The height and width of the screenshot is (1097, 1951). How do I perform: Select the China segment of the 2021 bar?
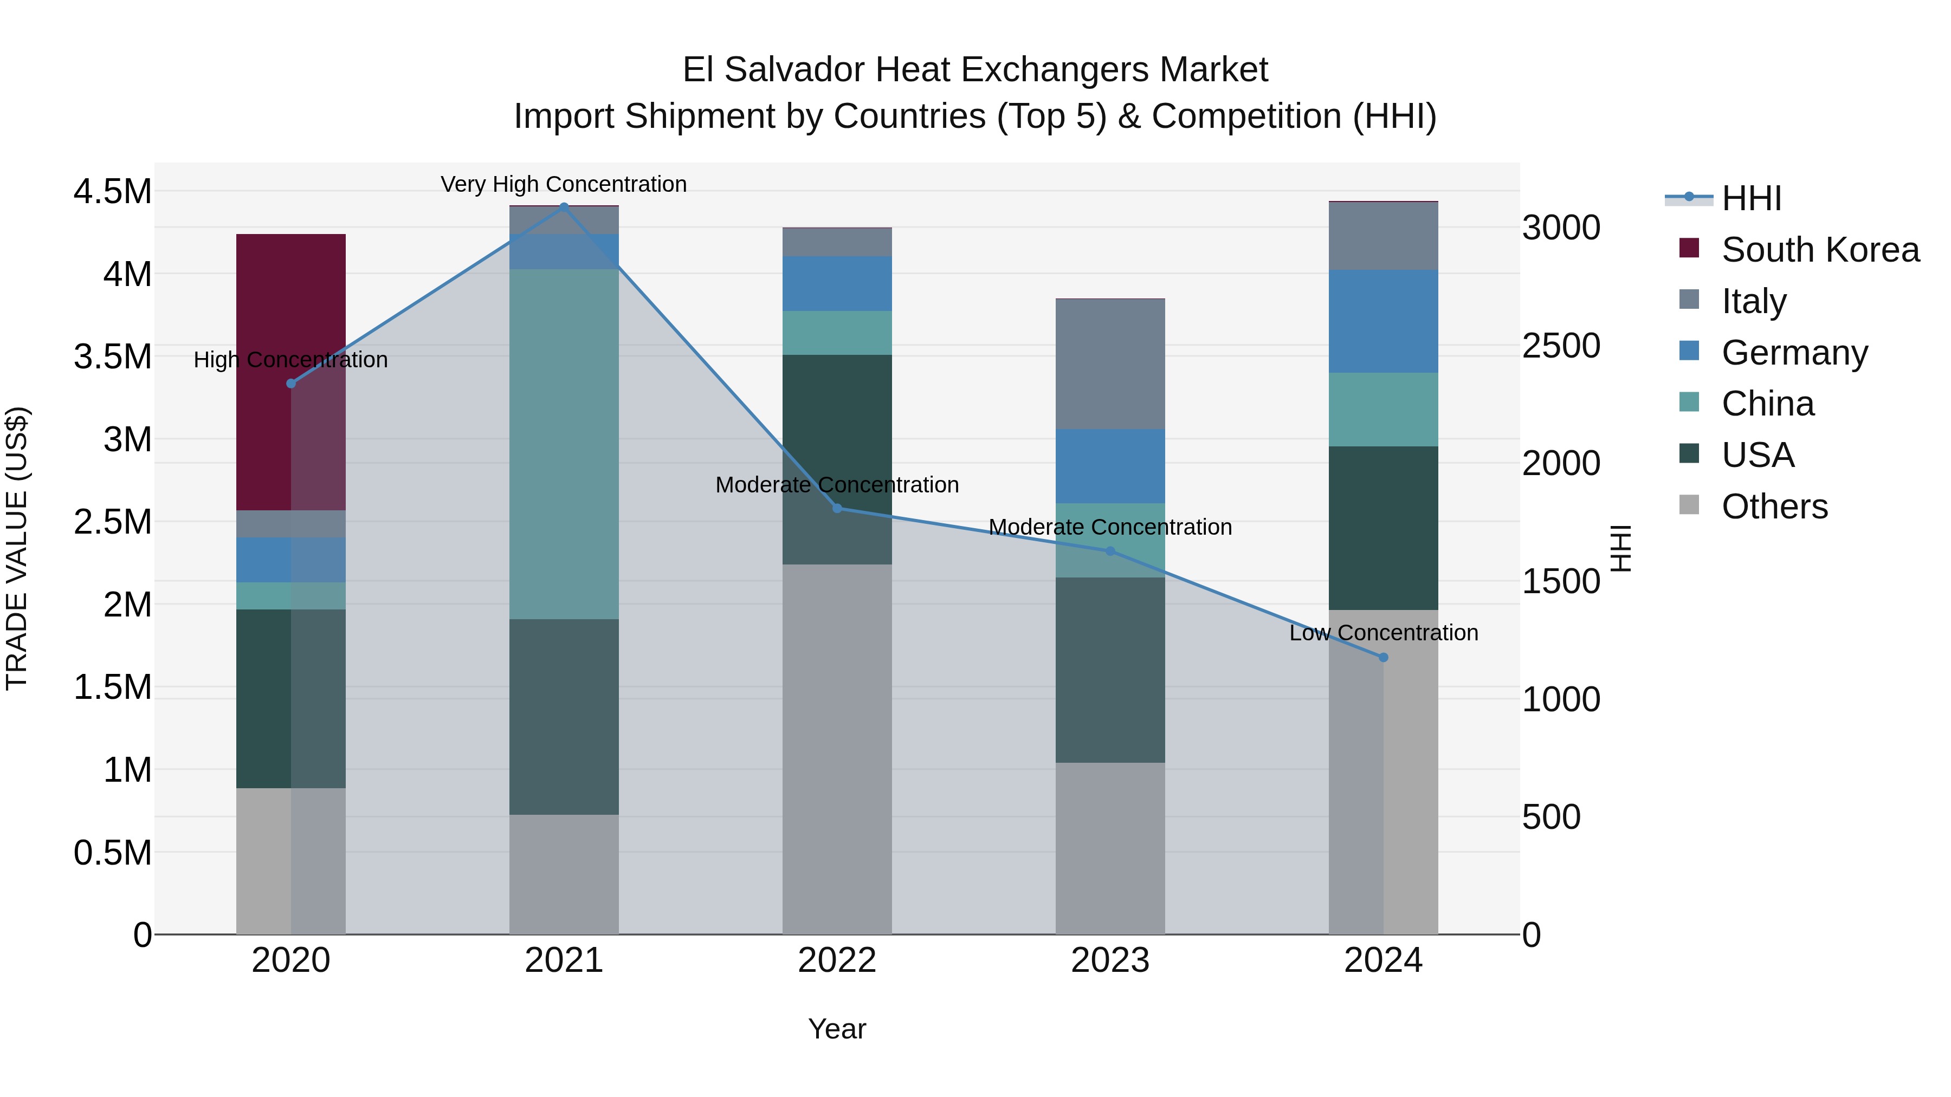pos(564,444)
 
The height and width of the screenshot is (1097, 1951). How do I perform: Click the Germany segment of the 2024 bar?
pos(1383,321)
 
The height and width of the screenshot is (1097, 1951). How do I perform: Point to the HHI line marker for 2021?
pos(564,206)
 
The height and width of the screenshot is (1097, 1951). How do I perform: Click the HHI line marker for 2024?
pos(1383,657)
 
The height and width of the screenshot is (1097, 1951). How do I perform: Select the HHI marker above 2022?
pos(837,508)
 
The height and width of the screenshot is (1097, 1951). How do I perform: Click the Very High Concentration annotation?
pos(564,184)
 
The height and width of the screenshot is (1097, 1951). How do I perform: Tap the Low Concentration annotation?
pos(1383,632)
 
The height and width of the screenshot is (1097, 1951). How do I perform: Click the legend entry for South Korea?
pos(1820,250)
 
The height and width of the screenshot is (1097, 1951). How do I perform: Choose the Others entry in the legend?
pos(1774,506)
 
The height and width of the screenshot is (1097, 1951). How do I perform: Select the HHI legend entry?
pos(1751,198)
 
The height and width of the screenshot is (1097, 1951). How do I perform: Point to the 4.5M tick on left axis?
pos(112,192)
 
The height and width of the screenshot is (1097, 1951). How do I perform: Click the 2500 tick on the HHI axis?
pos(1561,346)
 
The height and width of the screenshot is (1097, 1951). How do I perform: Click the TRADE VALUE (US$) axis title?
pos(17,548)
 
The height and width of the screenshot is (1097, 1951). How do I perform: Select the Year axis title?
pos(837,1029)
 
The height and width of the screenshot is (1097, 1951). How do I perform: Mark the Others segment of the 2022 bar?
pos(837,750)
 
